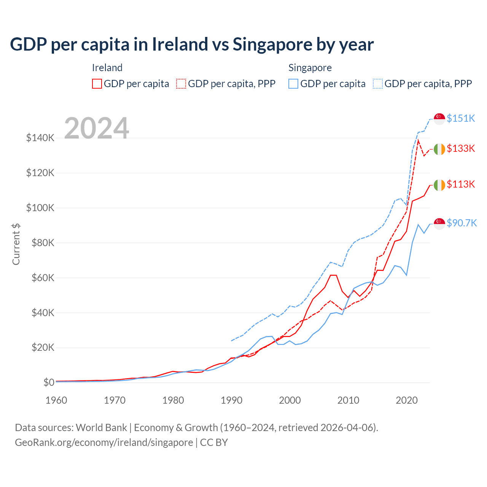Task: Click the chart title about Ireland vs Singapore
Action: point(192,45)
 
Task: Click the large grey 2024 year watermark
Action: point(97,128)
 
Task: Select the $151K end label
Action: point(461,118)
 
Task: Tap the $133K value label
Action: point(461,148)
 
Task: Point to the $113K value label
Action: point(461,184)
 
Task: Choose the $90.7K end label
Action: point(462,223)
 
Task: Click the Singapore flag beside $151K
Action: point(439,119)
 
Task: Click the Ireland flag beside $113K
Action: point(439,185)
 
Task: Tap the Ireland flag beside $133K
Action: point(439,149)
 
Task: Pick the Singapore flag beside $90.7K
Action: point(439,224)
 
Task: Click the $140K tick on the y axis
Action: point(40,138)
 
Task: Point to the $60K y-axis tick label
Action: point(42,278)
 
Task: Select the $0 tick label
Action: point(49,382)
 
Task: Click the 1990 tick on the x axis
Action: point(231,400)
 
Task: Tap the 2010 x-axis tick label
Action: point(348,400)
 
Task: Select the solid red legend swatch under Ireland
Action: point(97,84)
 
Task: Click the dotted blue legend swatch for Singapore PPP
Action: point(378,84)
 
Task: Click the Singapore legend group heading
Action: point(310,68)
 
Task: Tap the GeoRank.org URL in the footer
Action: point(104,442)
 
